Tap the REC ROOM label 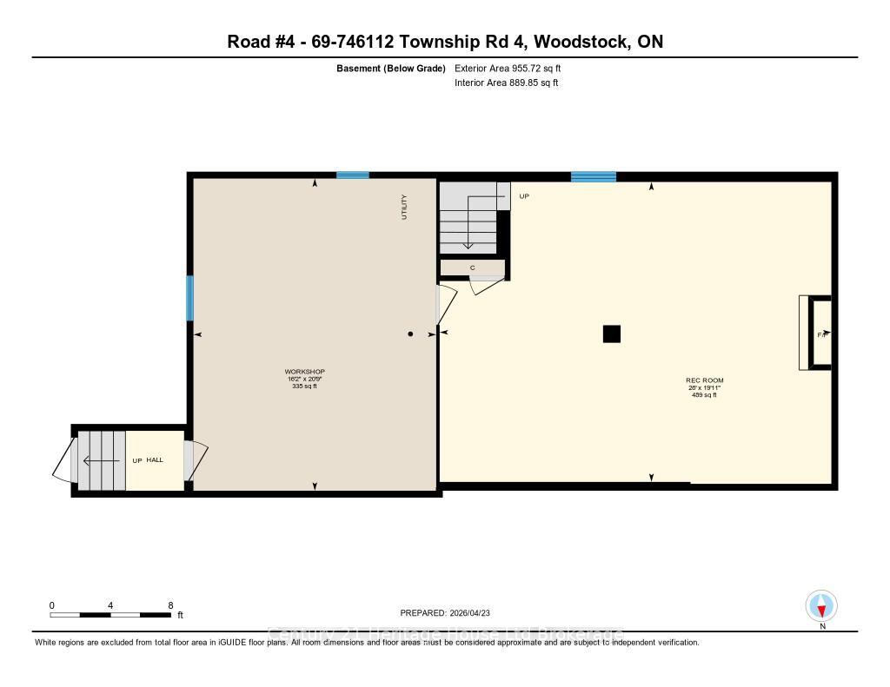(704, 380)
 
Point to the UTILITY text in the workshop (404, 207)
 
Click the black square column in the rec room (612, 334)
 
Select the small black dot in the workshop (411, 334)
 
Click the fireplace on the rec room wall (817, 334)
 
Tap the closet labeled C (472, 268)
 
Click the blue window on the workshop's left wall (189, 298)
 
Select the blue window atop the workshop (352, 175)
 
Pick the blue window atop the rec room (593, 176)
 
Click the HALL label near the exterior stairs (155, 459)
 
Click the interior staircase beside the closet (468, 220)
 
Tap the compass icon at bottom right (821, 605)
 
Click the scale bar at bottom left (110, 615)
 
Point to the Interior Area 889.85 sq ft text (506, 83)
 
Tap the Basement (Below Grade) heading (391, 68)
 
